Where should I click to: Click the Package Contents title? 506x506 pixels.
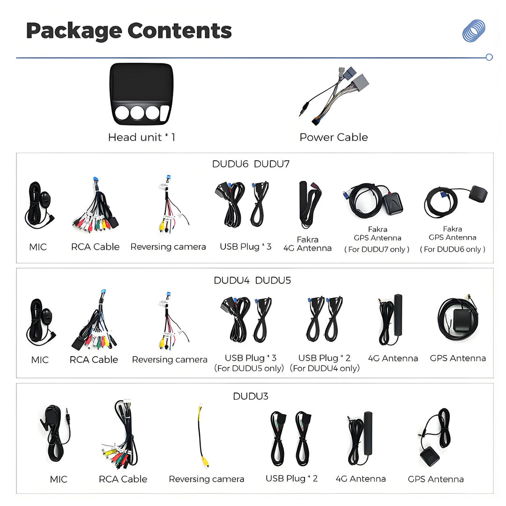tap(129, 31)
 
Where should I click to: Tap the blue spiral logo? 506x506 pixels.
tap(474, 30)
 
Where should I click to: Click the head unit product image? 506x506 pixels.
tap(141, 94)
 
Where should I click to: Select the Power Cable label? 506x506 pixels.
tap(334, 137)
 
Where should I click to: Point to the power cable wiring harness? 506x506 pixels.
tap(334, 96)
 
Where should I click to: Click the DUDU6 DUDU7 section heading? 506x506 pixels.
tap(251, 164)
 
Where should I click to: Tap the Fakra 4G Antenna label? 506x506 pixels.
tap(307, 244)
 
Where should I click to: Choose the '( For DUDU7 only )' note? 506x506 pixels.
tap(377, 249)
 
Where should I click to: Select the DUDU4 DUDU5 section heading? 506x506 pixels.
tap(253, 280)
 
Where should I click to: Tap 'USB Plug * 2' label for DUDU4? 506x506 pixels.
tap(324, 358)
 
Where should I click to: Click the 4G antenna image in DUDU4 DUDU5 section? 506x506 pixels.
tap(391, 320)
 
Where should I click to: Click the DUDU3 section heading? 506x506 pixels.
tap(251, 396)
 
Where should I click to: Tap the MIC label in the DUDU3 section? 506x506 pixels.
tap(59, 479)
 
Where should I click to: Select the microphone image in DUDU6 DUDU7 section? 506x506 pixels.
tap(39, 205)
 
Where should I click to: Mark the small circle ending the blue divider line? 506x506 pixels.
tap(489, 57)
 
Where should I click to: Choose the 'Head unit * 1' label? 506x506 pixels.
tap(141, 137)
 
